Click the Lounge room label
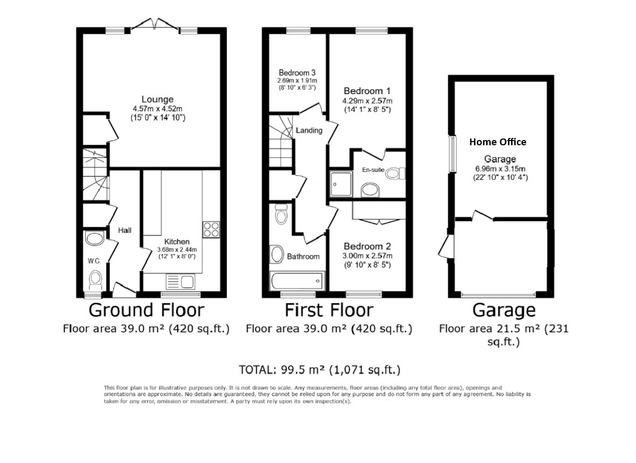157,99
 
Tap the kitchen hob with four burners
211,229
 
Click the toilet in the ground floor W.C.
95,280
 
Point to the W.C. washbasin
94,239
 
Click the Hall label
124,230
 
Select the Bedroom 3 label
297,73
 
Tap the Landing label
308,130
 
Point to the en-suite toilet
395,173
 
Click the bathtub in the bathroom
296,282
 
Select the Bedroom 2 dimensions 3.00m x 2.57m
367,256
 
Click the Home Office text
498,142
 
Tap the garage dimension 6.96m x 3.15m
500,168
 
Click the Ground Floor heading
146,310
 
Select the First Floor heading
329,310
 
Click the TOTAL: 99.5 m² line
319,370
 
